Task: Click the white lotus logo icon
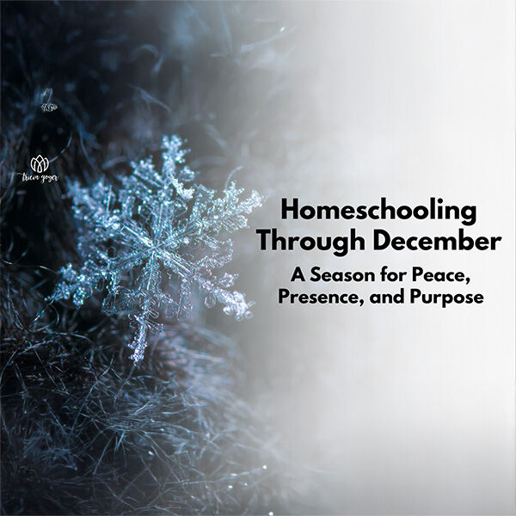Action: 39,161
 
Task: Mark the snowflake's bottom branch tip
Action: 136,353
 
